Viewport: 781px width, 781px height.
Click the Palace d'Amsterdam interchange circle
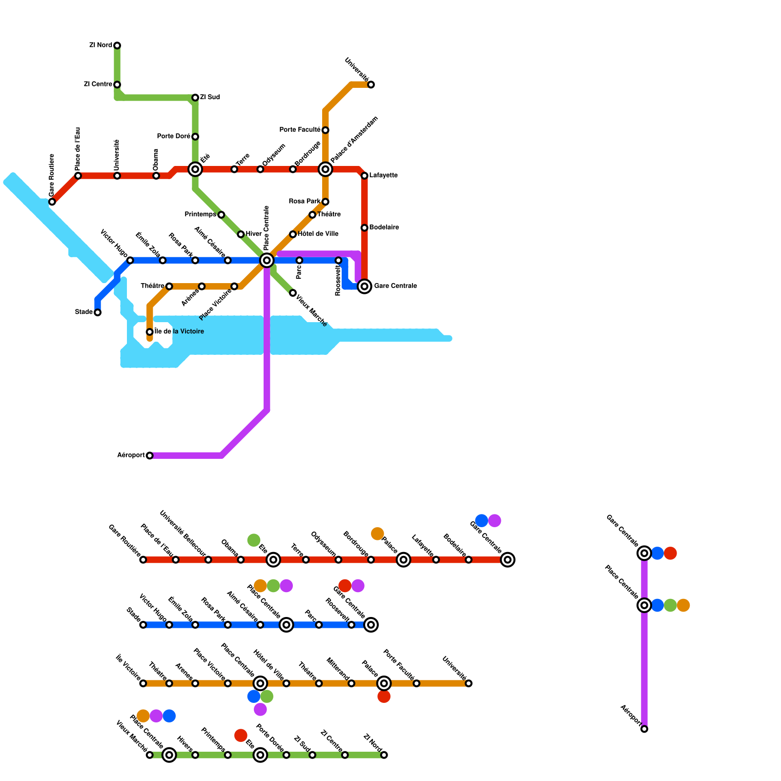tap(326, 169)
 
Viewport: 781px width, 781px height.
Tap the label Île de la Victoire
tap(179, 332)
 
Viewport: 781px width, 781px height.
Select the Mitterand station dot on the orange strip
tap(351, 683)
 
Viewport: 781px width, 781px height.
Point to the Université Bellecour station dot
tap(208, 560)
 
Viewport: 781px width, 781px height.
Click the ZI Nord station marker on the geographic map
tap(117, 45)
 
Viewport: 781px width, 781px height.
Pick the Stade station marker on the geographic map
tap(98, 312)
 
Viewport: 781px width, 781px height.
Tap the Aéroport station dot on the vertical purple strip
tap(644, 729)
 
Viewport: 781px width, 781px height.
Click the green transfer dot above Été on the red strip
tap(254, 540)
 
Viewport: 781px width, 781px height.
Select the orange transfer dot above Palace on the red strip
tap(377, 534)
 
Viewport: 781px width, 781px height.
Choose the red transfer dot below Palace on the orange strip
tap(384, 697)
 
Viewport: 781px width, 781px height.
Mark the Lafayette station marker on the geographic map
tap(365, 176)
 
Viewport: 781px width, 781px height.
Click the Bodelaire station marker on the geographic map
tap(365, 228)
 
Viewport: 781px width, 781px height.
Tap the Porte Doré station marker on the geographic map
tap(195, 137)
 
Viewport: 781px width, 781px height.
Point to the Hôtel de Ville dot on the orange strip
tap(287, 683)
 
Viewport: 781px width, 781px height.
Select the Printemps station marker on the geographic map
tap(221, 215)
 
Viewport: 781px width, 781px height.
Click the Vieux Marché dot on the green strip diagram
tap(150, 755)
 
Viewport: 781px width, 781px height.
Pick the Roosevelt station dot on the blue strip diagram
tap(351, 625)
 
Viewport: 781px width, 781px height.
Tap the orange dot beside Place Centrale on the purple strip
tap(683, 605)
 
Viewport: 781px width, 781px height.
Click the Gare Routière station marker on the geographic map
tap(52, 202)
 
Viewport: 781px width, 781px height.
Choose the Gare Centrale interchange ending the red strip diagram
tap(508, 560)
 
